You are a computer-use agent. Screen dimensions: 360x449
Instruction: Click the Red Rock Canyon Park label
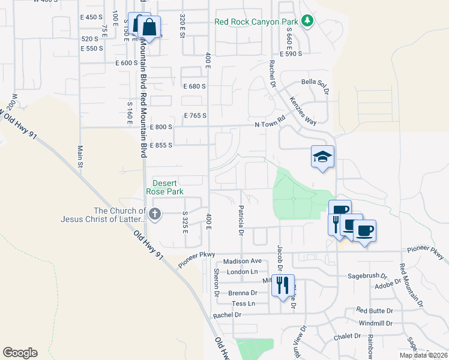[256, 22]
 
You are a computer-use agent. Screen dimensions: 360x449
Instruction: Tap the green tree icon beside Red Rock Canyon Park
[307, 22]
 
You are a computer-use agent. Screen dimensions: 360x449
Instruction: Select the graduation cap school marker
[323, 157]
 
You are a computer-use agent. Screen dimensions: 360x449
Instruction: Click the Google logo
[20, 353]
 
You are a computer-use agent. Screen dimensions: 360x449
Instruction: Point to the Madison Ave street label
[243, 262]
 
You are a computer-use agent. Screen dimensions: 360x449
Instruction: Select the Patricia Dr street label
[241, 220]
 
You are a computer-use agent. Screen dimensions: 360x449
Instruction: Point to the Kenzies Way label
[303, 111]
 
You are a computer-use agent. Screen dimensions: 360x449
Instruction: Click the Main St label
[79, 156]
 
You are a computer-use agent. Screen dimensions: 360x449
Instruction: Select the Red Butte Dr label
[374, 310]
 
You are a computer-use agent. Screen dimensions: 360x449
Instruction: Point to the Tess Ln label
[243, 304]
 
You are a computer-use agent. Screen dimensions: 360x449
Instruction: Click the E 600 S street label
[127, 62]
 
